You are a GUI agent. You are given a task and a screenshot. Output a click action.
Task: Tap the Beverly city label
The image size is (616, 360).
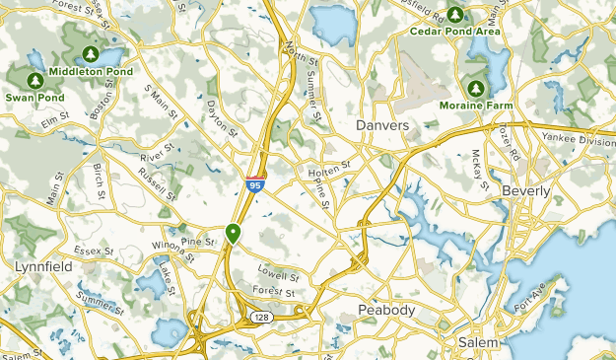(x=527, y=189)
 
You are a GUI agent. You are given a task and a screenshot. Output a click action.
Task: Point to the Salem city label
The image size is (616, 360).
(x=478, y=342)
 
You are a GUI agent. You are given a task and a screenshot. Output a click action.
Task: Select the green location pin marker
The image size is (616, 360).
(x=234, y=233)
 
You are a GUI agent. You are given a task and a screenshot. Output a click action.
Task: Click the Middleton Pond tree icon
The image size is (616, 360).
(x=90, y=53)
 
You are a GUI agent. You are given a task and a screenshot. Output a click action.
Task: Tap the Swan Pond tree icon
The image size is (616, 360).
(x=34, y=79)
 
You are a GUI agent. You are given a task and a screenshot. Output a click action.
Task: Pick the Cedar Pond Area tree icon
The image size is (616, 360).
(x=455, y=14)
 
